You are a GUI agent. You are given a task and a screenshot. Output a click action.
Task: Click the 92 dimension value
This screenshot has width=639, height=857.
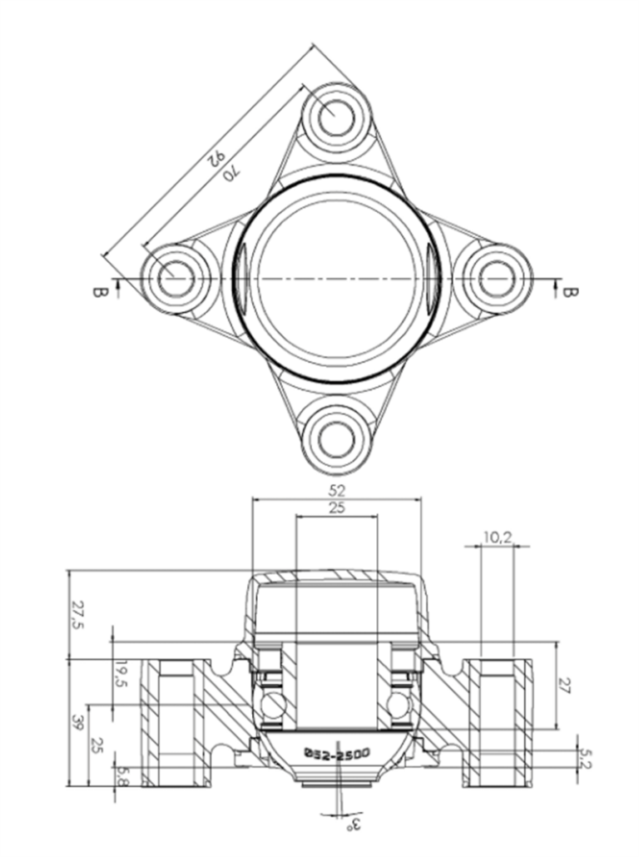coord(215,158)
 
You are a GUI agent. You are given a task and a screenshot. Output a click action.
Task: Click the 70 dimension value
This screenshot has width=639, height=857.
coord(231,173)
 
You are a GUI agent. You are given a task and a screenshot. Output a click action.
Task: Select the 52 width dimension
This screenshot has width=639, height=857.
coord(337,490)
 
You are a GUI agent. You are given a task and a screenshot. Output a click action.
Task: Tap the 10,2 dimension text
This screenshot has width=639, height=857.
coord(497,537)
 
